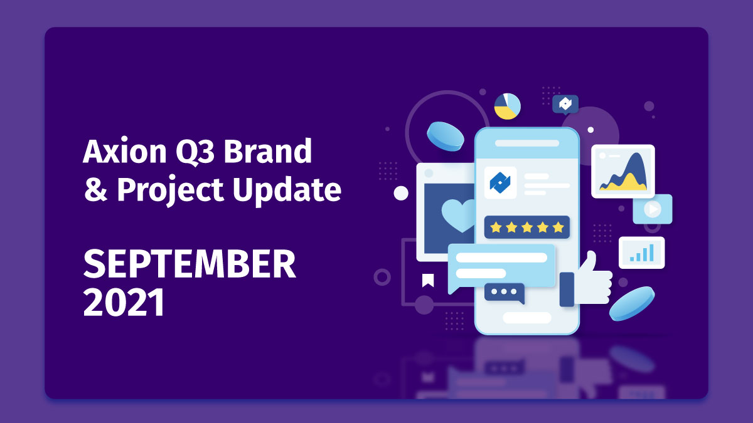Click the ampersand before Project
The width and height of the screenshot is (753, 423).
[95, 191]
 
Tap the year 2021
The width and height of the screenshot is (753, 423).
[124, 303]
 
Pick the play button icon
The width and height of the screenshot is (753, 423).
[653, 209]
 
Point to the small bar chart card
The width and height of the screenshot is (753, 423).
[641, 252]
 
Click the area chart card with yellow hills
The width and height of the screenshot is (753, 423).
[622, 171]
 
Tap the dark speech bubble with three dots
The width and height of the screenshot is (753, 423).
[504, 292]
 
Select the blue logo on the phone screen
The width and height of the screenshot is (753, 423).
[500, 182]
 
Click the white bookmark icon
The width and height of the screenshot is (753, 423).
[427, 279]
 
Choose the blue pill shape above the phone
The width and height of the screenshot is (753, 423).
[446, 135]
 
